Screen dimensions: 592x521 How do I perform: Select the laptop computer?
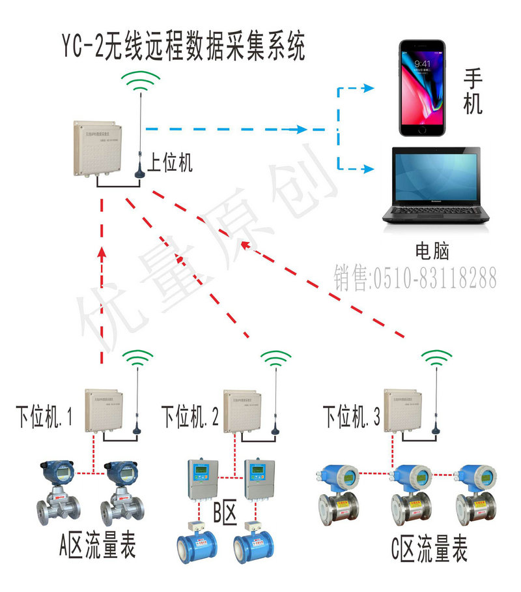coord(432,186)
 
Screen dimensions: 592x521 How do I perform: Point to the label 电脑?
coord(432,250)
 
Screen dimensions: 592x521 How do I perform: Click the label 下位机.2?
coord(190,415)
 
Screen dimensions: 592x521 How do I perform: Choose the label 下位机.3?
coord(352,415)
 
